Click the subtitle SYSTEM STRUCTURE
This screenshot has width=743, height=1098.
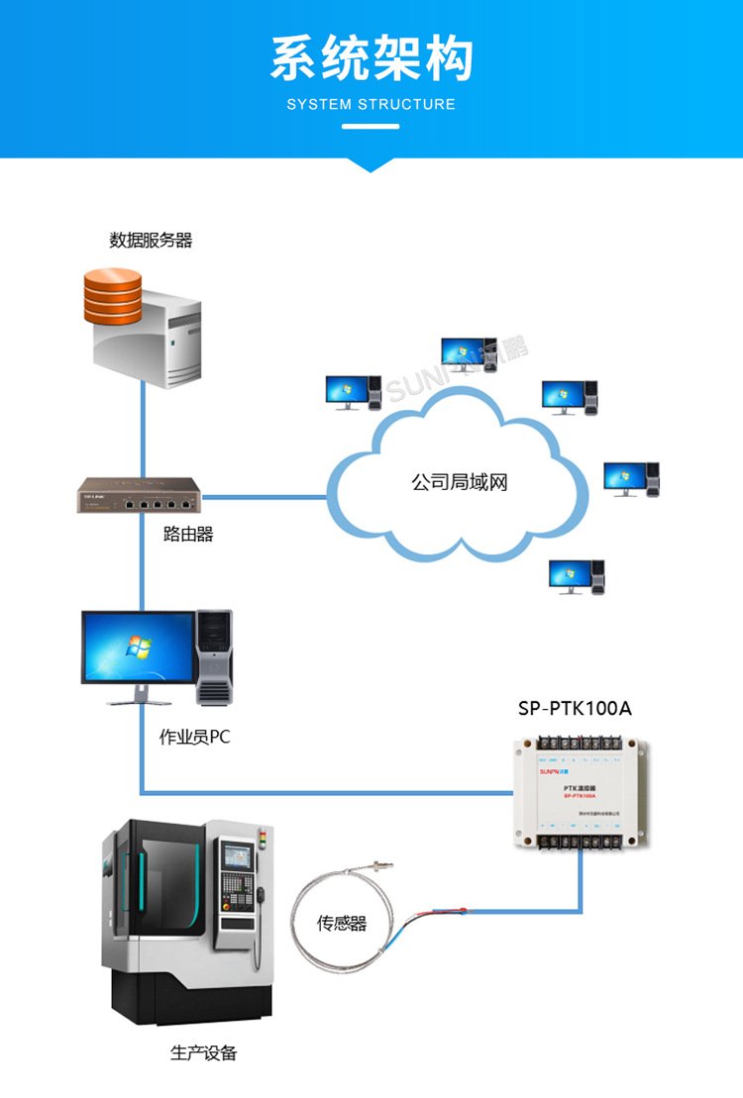click(x=371, y=104)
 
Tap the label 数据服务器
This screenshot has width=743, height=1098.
click(x=151, y=241)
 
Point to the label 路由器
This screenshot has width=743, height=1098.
click(x=188, y=535)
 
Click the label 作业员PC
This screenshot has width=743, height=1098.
click(x=194, y=738)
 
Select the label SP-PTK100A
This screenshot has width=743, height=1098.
click(x=575, y=708)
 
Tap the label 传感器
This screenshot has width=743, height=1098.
click(x=342, y=923)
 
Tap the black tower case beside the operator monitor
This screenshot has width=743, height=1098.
click(x=214, y=655)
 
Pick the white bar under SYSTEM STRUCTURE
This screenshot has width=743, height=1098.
click(x=371, y=127)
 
